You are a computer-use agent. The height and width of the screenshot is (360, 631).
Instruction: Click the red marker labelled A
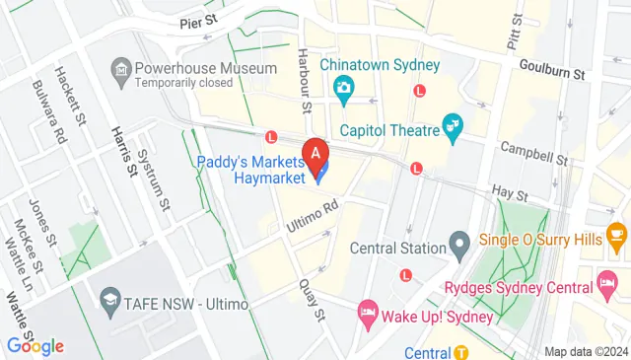315,155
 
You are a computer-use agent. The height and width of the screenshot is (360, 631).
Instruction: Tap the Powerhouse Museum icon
121,69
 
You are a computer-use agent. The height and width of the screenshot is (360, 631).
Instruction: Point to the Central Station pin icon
458,241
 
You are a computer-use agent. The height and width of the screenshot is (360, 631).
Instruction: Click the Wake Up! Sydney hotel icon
367,313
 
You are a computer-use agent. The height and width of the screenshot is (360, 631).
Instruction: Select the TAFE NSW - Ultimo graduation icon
109,300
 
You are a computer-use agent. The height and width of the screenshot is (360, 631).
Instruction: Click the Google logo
35,346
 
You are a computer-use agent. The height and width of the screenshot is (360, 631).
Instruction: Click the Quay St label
312,299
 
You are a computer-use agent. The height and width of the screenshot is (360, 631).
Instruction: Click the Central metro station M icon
461,352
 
